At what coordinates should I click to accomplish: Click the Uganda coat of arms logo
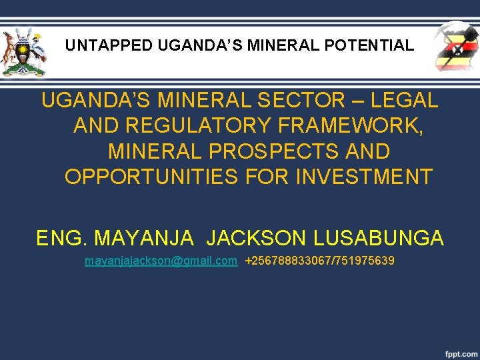point(24,52)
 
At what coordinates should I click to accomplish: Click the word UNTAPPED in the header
point(109,46)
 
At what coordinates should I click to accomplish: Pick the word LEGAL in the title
point(405,101)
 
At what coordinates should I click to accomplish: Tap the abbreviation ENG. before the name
point(62,238)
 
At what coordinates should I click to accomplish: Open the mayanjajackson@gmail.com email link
point(161,261)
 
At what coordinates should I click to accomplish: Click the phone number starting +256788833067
point(319,261)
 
